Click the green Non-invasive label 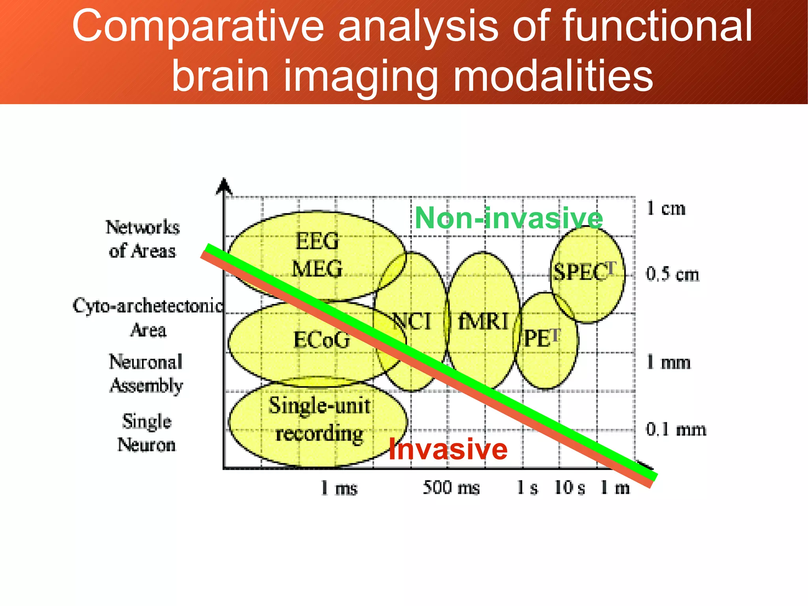pos(509,218)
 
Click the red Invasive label pos(448,450)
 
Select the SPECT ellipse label pos(584,272)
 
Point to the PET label pos(541,338)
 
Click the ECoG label pos(322,340)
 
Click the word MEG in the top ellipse pos(317,269)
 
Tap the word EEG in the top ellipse pos(317,241)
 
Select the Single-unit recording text pos(319,420)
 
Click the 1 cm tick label pos(666,208)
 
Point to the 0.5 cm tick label pos(672,274)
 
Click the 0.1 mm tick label pos(675,429)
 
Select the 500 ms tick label pos(451,488)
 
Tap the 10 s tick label pos(569,488)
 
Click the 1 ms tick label pos(339,488)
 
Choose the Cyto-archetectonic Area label pos(148,318)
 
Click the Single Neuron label pos(146,433)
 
